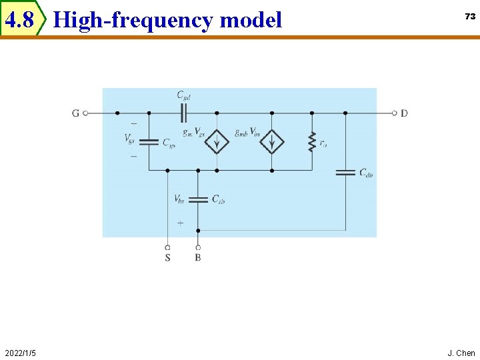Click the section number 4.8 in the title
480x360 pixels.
pos(19,21)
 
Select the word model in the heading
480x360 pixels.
pos(251,21)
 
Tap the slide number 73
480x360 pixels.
pos(470,17)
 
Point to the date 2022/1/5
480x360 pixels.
pos(20,353)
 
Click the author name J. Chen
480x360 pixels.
pos(461,353)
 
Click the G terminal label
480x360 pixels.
pos(75,113)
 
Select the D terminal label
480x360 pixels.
pos(405,113)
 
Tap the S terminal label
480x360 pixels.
pos(167,257)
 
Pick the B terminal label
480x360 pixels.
pos(198,257)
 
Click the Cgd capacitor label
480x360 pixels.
pos(184,96)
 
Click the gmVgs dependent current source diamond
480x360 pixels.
pos(217,142)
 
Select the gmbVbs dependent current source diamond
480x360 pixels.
pos(271,142)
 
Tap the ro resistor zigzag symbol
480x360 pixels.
pos(311,142)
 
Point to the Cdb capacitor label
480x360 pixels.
pos(366,173)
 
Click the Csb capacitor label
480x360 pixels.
pos(218,199)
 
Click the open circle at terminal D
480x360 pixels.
pos(395,113)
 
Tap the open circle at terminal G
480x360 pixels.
pos(85,113)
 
